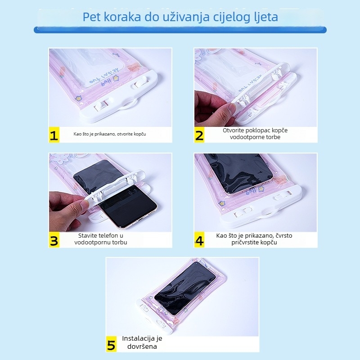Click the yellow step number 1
(x=54, y=135)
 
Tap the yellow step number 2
(x=199, y=135)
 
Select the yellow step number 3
(x=54, y=240)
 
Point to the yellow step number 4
(x=199, y=240)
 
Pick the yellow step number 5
(x=111, y=345)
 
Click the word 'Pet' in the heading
(x=93, y=18)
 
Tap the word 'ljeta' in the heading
(x=264, y=18)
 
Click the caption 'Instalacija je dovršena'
(x=142, y=342)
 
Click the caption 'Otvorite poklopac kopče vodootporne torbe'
(x=255, y=133)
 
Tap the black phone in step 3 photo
(x=121, y=198)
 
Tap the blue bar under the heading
(x=180, y=30)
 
